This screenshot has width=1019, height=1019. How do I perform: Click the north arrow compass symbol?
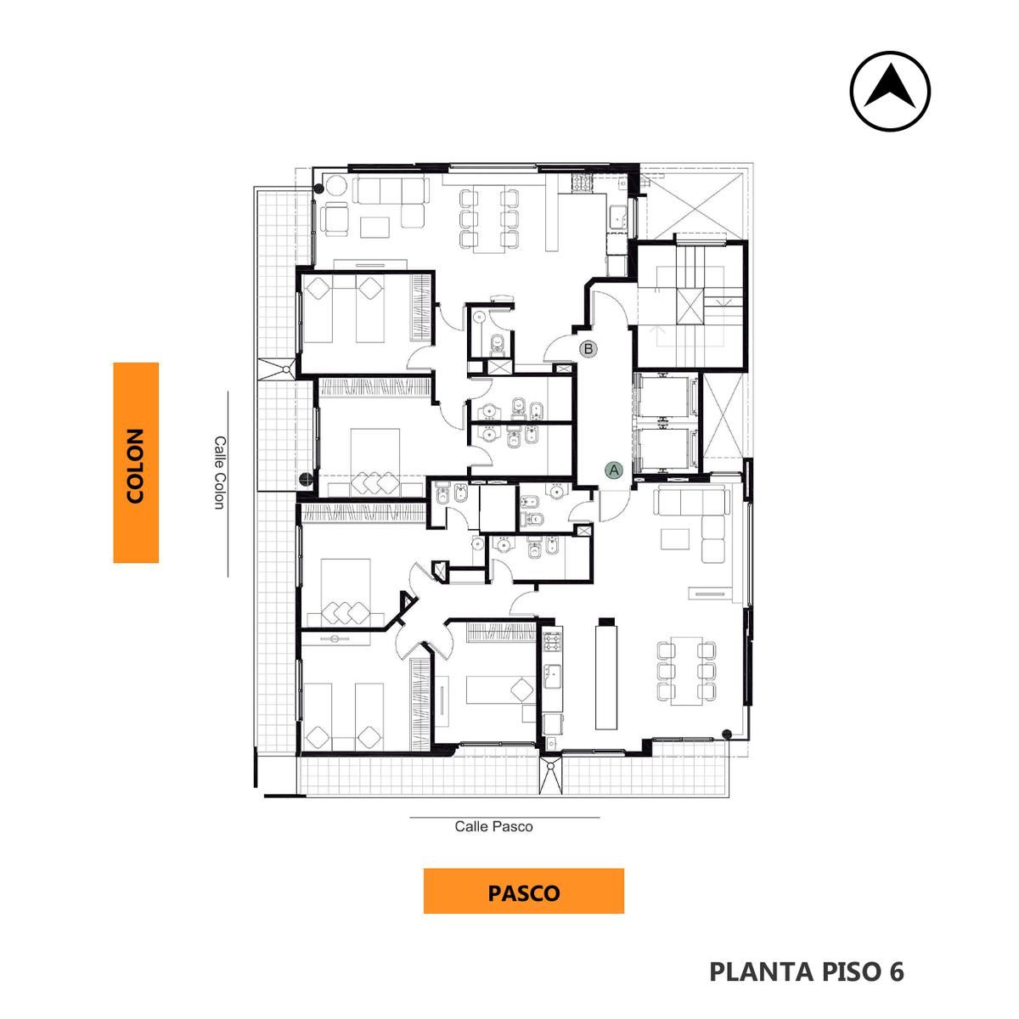pyautogui.click(x=890, y=91)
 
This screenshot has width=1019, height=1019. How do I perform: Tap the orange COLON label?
pyautogui.click(x=136, y=463)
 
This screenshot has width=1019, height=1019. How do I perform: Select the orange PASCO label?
pyautogui.click(x=524, y=893)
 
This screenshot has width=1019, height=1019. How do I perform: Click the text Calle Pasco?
pyautogui.click(x=493, y=826)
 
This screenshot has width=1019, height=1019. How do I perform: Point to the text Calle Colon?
pyautogui.click(x=219, y=472)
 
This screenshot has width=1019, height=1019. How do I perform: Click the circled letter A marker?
pyautogui.click(x=614, y=470)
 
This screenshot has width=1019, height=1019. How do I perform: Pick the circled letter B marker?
pyautogui.click(x=588, y=349)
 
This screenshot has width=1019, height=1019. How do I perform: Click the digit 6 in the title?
pyautogui.click(x=896, y=971)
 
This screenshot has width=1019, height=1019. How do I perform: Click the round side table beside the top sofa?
pyautogui.click(x=335, y=186)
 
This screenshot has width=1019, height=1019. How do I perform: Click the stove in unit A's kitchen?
pyautogui.click(x=552, y=641)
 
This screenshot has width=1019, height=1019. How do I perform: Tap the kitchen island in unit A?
pyautogui.click(x=605, y=677)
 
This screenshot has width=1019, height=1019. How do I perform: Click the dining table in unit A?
pyautogui.click(x=686, y=671)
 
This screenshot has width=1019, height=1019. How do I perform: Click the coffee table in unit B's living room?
pyautogui.click(x=375, y=227)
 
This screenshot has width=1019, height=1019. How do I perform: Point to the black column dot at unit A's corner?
pyautogui.click(x=727, y=734)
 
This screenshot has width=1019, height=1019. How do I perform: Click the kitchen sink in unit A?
pyautogui.click(x=553, y=676)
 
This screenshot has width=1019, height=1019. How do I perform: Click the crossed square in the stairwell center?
pyautogui.click(x=690, y=306)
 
